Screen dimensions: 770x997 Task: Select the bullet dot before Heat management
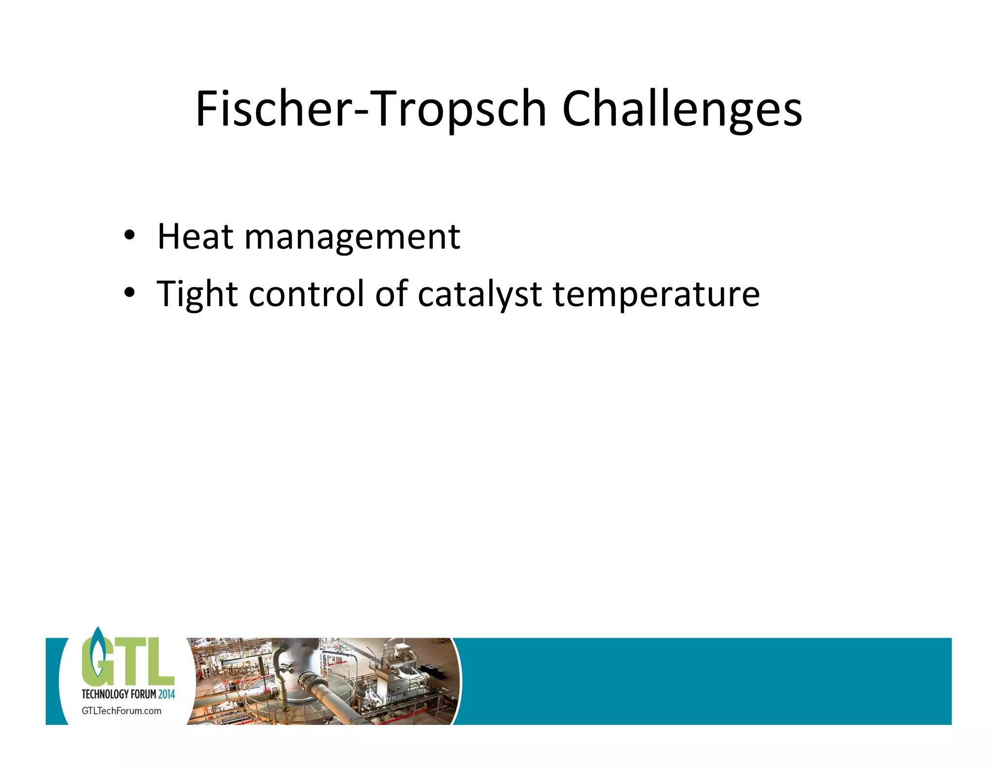(x=129, y=236)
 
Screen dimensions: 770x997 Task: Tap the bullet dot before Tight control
(x=129, y=293)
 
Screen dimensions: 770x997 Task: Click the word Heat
(x=195, y=237)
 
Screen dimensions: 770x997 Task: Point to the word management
(x=352, y=238)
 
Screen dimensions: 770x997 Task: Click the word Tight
(x=197, y=294)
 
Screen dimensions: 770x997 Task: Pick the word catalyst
(x=480, y=294)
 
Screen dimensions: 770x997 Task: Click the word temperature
(x=656, y=294)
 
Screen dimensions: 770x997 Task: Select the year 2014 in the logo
(x=166, y=694)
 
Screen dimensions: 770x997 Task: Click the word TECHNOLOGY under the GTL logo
(x=105, y=694)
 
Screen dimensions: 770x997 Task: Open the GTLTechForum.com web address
(x=121, y=711)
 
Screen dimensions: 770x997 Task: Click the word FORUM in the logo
(x=143, y=694)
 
